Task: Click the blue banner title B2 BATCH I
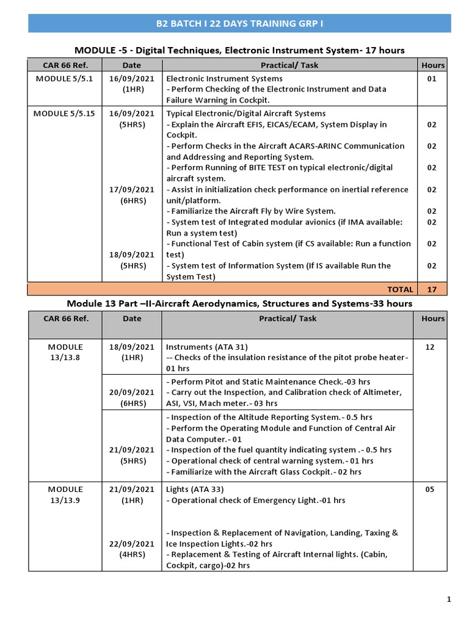239,23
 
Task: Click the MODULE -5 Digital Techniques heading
239,49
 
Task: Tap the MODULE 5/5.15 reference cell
65,114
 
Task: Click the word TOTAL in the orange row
400,289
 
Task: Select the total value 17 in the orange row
432,289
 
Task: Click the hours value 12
430,347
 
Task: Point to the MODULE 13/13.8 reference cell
65,352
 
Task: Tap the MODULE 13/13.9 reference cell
65,494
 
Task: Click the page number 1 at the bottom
449,599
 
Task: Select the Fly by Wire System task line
251,211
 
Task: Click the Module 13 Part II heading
239,303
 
